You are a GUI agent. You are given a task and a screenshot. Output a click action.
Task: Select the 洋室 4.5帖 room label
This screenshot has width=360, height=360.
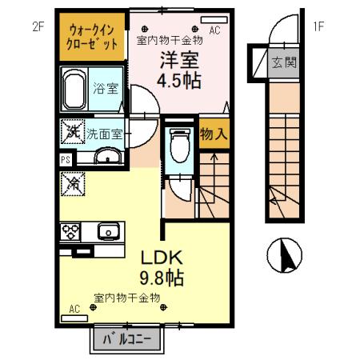tap(178, 69)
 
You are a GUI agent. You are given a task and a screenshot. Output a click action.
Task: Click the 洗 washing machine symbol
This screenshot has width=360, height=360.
tap(71, 133)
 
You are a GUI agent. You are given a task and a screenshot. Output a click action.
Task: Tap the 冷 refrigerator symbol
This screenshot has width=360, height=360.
tap(70, 182)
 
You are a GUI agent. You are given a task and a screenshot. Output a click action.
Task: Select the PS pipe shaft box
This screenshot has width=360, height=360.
tap(64, 158)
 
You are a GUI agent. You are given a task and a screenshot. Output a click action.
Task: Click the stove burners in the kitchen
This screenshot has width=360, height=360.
tap(70, 232)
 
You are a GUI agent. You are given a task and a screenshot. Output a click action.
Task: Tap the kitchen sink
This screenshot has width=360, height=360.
tap(108, 232)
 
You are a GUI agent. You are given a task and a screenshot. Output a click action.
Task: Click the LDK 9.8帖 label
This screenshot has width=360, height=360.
tap(163, 267)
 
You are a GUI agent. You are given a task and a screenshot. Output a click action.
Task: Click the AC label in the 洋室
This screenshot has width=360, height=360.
tap(215, 30)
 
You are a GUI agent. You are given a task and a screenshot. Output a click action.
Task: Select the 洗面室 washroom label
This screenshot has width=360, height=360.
tap(104, 134)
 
